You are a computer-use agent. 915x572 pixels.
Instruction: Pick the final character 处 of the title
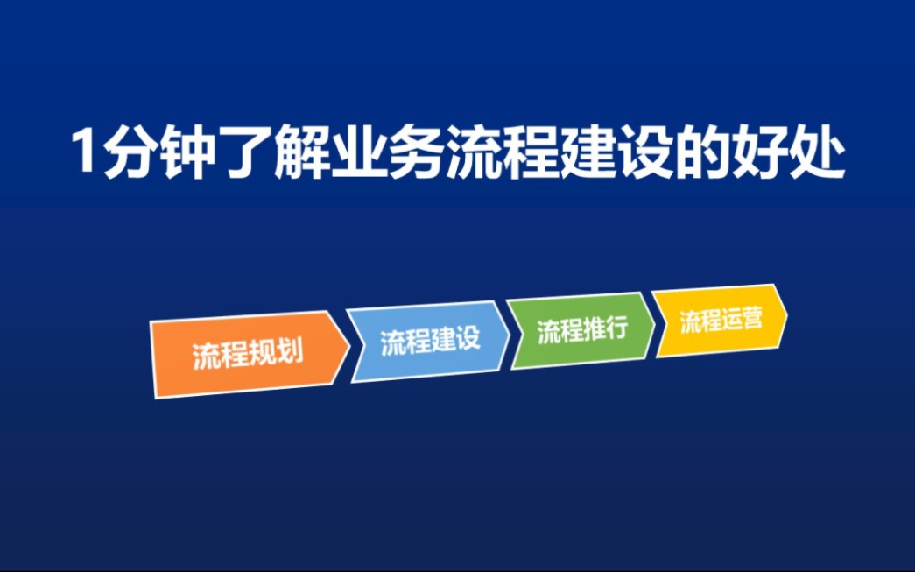(x=813, y=153)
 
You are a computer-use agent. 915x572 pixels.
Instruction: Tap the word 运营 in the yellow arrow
(x=743, y=319)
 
